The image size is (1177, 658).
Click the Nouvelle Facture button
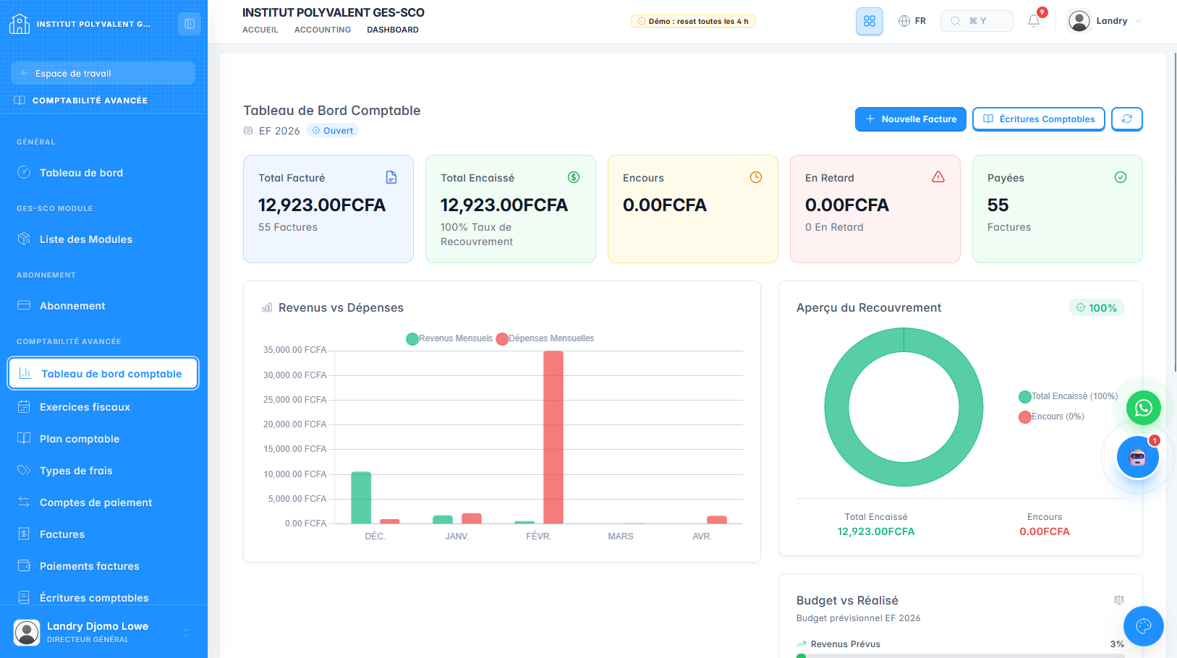pyautogui.click(x=910, y=119)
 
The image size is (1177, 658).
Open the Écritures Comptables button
pyautogui.click(x=1038, y=119)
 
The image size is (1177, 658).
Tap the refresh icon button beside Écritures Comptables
pyautogui.click(x=1126, y=119)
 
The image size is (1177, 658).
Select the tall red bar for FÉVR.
pyautogui.click(x=553, y=437)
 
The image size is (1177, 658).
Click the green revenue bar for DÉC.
pyautogui.click(x=361, y=497)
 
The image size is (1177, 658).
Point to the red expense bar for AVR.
pyautogui.click(x=717, y=520)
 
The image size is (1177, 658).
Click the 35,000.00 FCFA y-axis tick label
pyautogui.click(x=294, y=350)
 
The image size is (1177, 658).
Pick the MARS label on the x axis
pyautogui.click(x=621, y=537)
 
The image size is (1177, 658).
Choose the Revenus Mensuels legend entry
pyautogui.click(x=449, y=338)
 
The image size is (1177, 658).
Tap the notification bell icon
pyautogui.click(x=1034, y=21)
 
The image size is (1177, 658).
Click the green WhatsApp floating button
pyautogui.click(x=1144, y=408)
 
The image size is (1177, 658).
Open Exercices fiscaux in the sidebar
pyautogui.click(x=85, y=407)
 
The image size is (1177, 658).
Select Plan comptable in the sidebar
pyautogui.click(x=80, y=439)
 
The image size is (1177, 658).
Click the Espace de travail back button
pyautogui.click(x=103, y=74)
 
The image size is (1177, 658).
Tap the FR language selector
pyautogui.click(x=912, y=21)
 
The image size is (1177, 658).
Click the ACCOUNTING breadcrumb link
pyautogui.click(x=323, y=30)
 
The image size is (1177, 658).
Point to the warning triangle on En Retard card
pyautogui.click(x=938, y=177)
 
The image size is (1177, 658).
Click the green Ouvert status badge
pyautogui.click(x=333, y=131)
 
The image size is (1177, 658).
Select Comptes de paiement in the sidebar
pyautogui.click(x=95, y=503)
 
